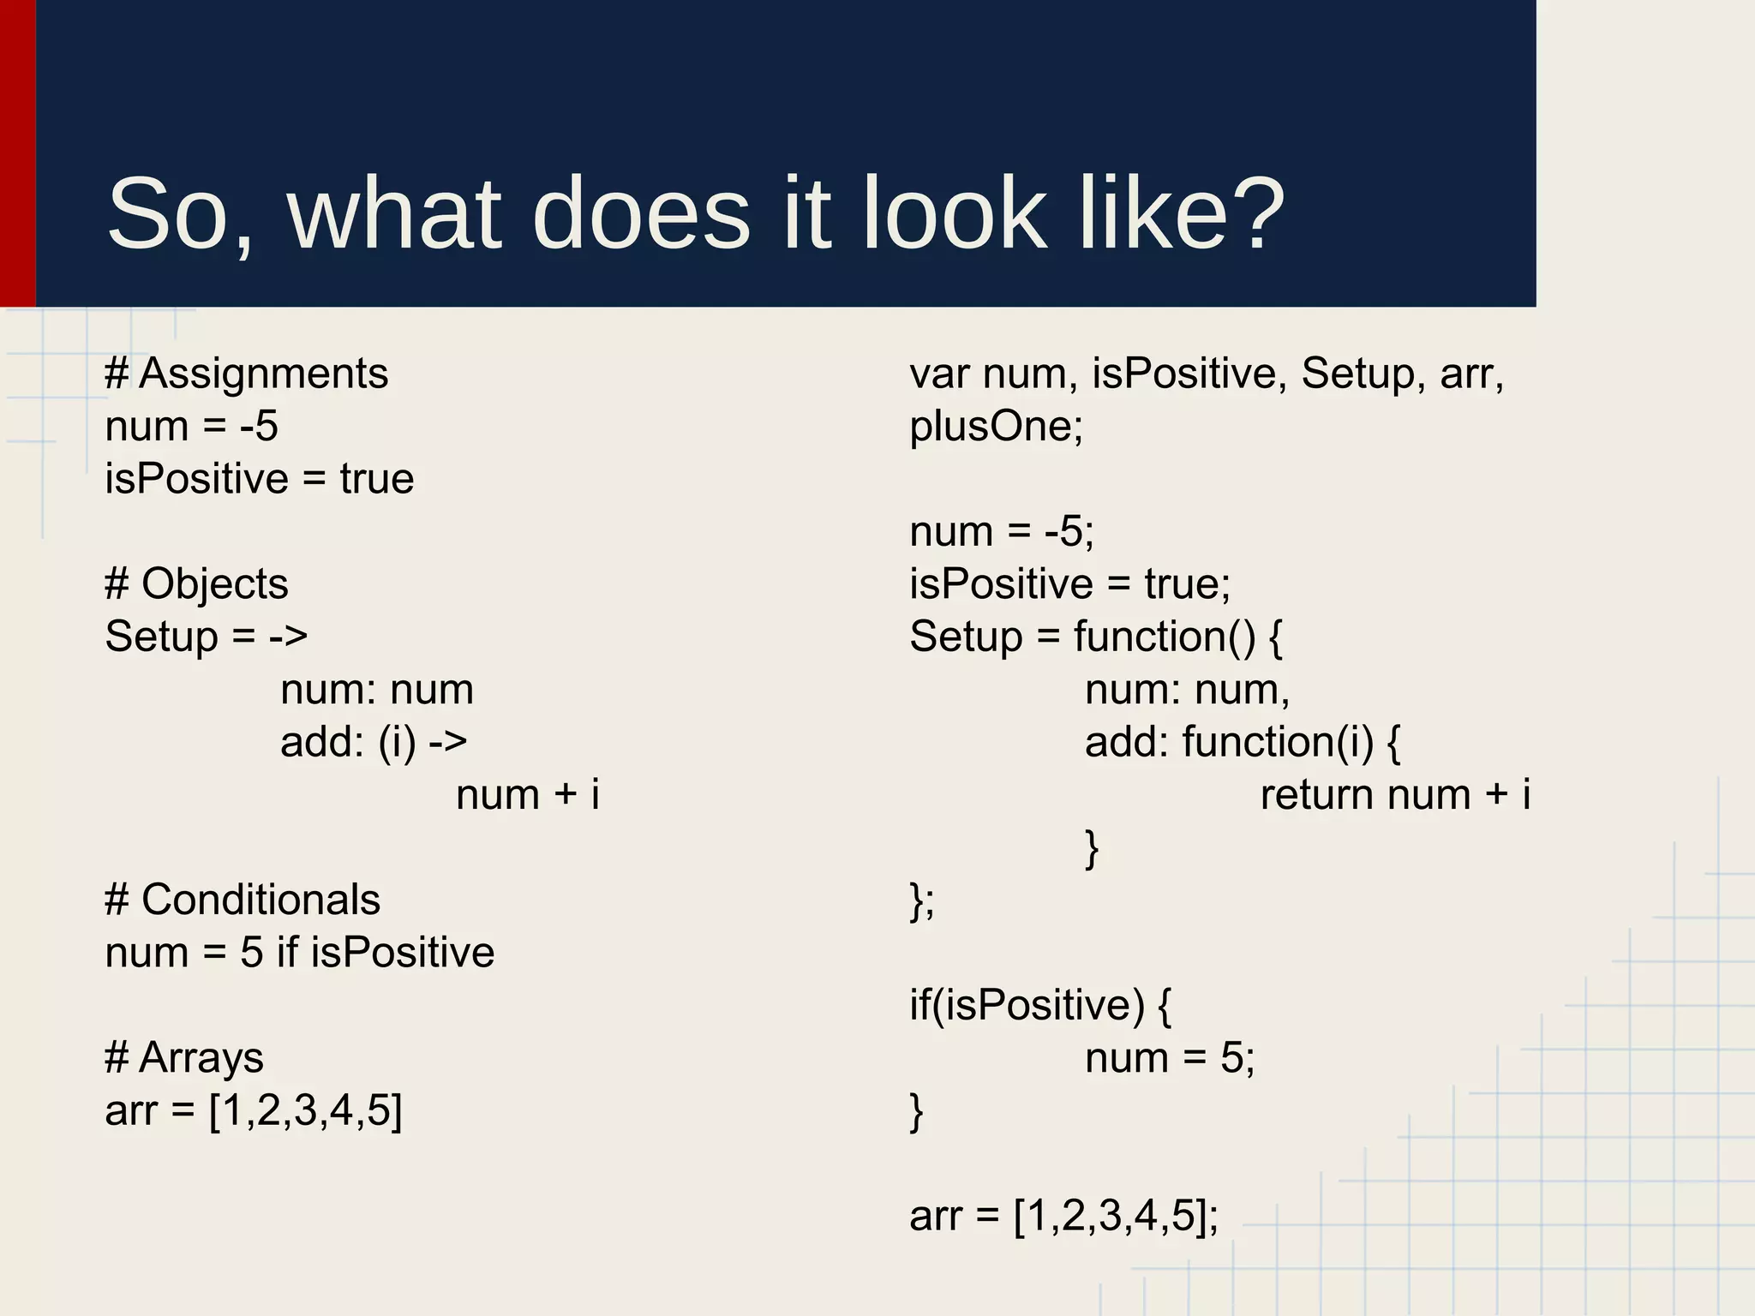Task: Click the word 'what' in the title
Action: tap(394, 213)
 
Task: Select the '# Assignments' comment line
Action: tap(247, 374)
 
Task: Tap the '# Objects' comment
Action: tap(196, 584)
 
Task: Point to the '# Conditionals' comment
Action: tap(243, 900)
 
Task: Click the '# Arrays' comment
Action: tap(184, 1057)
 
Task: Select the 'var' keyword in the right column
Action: tap(939, 374)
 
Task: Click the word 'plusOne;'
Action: tap(997, 427)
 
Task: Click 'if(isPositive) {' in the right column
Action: tap(1040, 1005)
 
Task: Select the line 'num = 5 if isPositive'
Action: tap(300, 953)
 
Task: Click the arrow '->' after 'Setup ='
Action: tap(288, 637)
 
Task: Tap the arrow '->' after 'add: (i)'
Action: tap(447, 742)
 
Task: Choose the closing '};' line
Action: tap(922, 901)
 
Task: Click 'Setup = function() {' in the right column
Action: tap(1096, 637)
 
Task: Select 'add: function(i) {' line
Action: tap(1243, 742)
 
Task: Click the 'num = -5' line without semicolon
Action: tap(192, 427)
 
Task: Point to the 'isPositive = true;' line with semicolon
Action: tap(1070, 584)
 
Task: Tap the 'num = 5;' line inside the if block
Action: tap(1170, 1058)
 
